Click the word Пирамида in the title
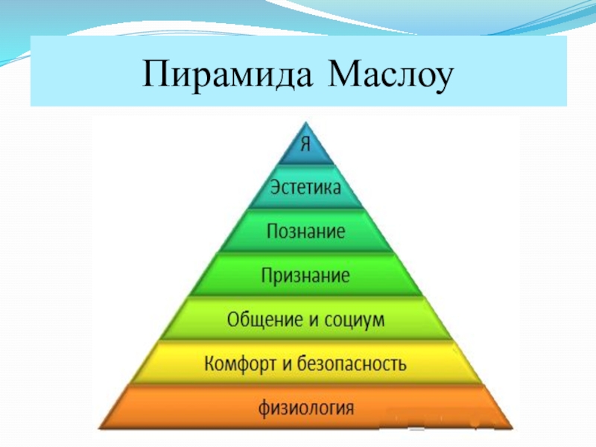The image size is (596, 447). pyautogui.click(x=227, y=74)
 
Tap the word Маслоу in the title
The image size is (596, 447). pyautogui.click(x=390, y=74)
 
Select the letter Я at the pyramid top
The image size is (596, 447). pyautogui.click(x=305, y=144)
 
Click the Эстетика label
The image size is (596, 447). pyautogui.click(x=305, y=188)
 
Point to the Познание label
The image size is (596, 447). pyautogui.click(x=306, y=231)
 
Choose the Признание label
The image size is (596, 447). pyautogui.click(x=305, y=276)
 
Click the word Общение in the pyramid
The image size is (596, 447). pyautogui.click(x=266, y=320)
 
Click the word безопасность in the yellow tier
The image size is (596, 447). pyautogui.click(x=352, y=364)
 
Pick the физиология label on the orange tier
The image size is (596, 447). pyautogui.click(x=306, y=408)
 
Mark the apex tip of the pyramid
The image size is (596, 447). pyautogui.click(x=306, y=122)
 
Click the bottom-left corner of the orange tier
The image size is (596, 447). pyautogui.click(x=99, y=428)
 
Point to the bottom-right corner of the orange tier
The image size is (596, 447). pyautogui.click(x=513, y=428)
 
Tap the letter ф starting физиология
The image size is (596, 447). pyautogui.click(x=265, y=409)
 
